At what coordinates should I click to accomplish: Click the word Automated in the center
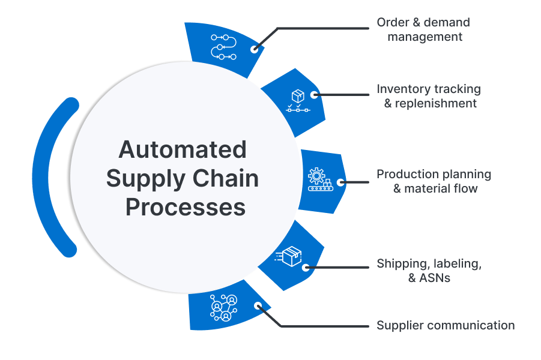(183, 149)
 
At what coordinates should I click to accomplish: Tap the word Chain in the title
(225, 178)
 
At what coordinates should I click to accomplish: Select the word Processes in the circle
(185, 207)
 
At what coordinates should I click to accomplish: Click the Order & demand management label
(424, 29)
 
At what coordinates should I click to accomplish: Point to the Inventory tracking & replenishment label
(429, 96)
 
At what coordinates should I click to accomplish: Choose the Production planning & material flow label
(434, 181)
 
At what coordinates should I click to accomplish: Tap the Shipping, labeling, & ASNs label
(429, 271)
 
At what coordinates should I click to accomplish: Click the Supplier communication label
(445, 326)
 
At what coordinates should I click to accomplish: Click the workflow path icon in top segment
(222, 46)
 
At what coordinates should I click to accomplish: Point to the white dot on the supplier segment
(258, 305)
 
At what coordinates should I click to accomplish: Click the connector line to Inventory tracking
(342, 94)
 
